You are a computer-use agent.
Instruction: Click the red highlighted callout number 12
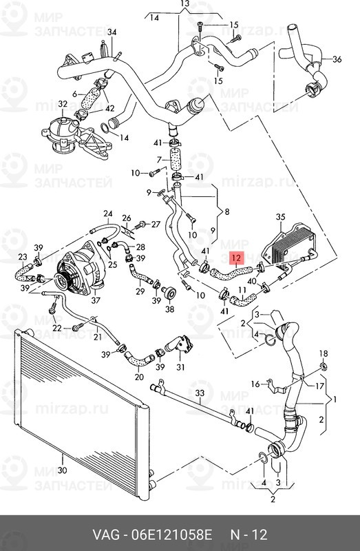237,258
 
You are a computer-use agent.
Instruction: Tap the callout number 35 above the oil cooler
280,217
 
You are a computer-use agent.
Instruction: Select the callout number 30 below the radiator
62,470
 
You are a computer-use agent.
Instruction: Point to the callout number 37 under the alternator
96,300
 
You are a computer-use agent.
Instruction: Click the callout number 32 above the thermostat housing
63,104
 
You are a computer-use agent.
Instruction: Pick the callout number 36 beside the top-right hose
337,59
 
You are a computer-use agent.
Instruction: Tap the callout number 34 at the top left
112,32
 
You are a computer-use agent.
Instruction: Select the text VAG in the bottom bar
106,535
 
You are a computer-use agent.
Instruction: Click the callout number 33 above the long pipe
200,393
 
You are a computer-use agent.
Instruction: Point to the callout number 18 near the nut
324,353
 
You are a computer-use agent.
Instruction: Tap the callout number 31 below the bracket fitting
180,367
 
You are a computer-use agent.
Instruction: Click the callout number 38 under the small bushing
169,309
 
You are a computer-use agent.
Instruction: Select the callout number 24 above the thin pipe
108,214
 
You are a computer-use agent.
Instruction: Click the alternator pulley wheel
64,281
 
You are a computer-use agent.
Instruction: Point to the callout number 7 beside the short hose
160,160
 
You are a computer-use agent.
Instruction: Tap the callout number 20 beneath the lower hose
139,377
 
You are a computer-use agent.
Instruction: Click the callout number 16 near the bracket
255,384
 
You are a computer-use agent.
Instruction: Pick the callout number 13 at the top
185,4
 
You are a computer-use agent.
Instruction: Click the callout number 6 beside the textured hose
74,94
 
